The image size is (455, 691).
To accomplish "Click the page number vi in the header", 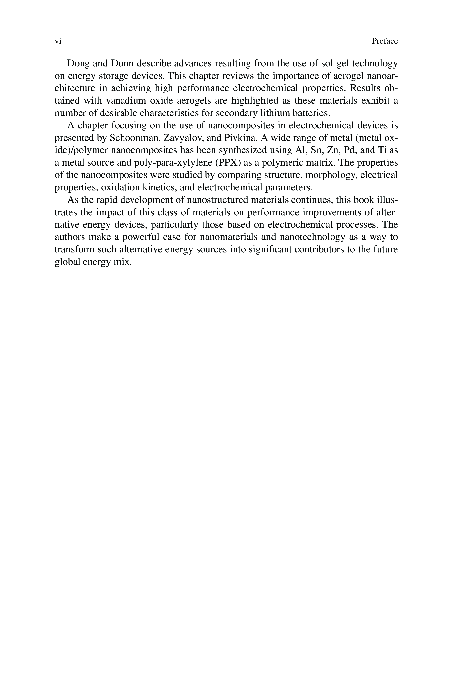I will tap(58, 41).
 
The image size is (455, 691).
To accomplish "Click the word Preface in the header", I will tap(384, 41).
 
